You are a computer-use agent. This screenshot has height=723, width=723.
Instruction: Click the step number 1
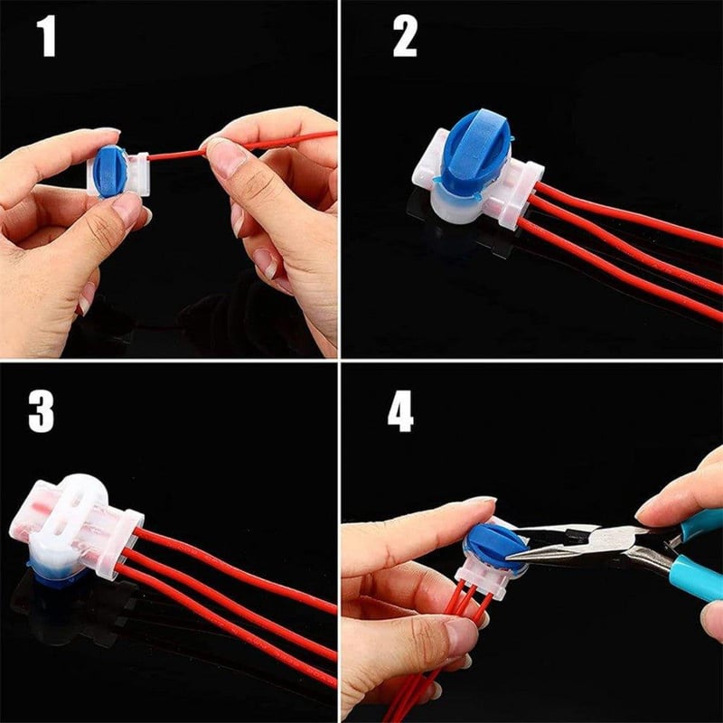pyautogui.click(x=47, y=36)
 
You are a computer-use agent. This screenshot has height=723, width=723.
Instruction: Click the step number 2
pyautogui.click(x=404, y=36)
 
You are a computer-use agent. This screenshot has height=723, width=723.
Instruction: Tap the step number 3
pyautogui.click(x=41, y=411)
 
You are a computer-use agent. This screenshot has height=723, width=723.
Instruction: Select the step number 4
pyautogui.click(x=400, y=411)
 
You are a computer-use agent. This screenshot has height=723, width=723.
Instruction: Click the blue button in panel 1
pyautogui.click(x=110, y=171)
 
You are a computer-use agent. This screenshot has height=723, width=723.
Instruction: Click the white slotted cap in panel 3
pyautogui.click(x=70, y=516)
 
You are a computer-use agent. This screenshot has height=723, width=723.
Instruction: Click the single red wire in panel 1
pyautogui.click(x=242, y=146)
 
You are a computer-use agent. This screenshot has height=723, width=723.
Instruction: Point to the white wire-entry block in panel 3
pyautogui.click(x=121, y=544)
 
